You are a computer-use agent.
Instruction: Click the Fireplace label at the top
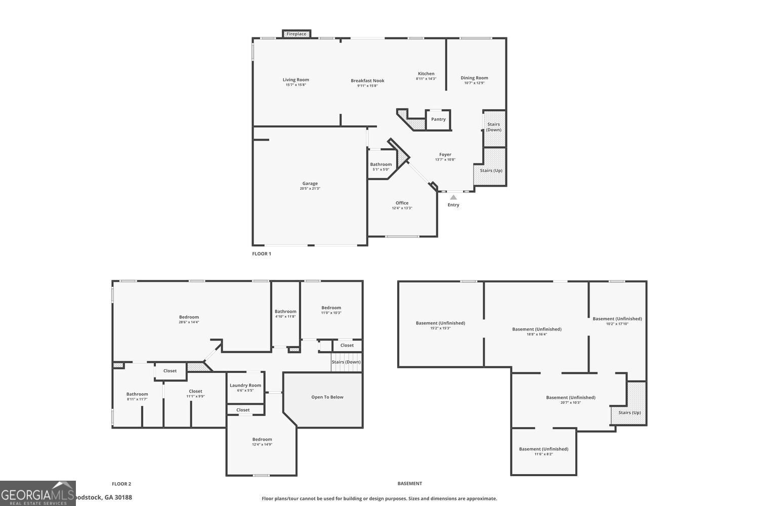coord(297,34)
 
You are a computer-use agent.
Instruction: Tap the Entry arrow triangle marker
coord(453,197)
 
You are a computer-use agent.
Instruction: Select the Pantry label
coord(438,119)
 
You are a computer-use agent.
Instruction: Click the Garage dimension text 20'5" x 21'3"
coord(310,189)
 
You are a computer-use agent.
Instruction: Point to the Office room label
coord(402,203)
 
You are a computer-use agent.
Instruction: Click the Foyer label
coord(445,154)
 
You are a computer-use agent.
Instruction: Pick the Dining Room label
coord(474,78)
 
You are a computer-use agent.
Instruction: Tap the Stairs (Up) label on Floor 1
coord(491,171)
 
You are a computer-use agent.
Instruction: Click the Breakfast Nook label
coord(367,80)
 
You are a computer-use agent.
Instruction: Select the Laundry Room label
coord(245,385)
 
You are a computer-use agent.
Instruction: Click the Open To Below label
coord(327,397)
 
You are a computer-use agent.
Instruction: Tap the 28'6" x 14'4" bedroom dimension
coord(189,322)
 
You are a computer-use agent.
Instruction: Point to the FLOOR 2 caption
coord(121,484)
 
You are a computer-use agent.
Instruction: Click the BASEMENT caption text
coord(409,484)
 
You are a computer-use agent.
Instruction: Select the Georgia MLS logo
coord(37,493)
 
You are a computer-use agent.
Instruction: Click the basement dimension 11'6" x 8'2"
coord(543,454)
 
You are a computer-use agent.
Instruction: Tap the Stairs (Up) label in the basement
coord(629,412)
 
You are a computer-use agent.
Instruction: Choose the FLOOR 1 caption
coord(262,254)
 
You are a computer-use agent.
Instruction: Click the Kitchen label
coord(426,73)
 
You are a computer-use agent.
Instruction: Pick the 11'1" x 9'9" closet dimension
coord(195,396)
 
